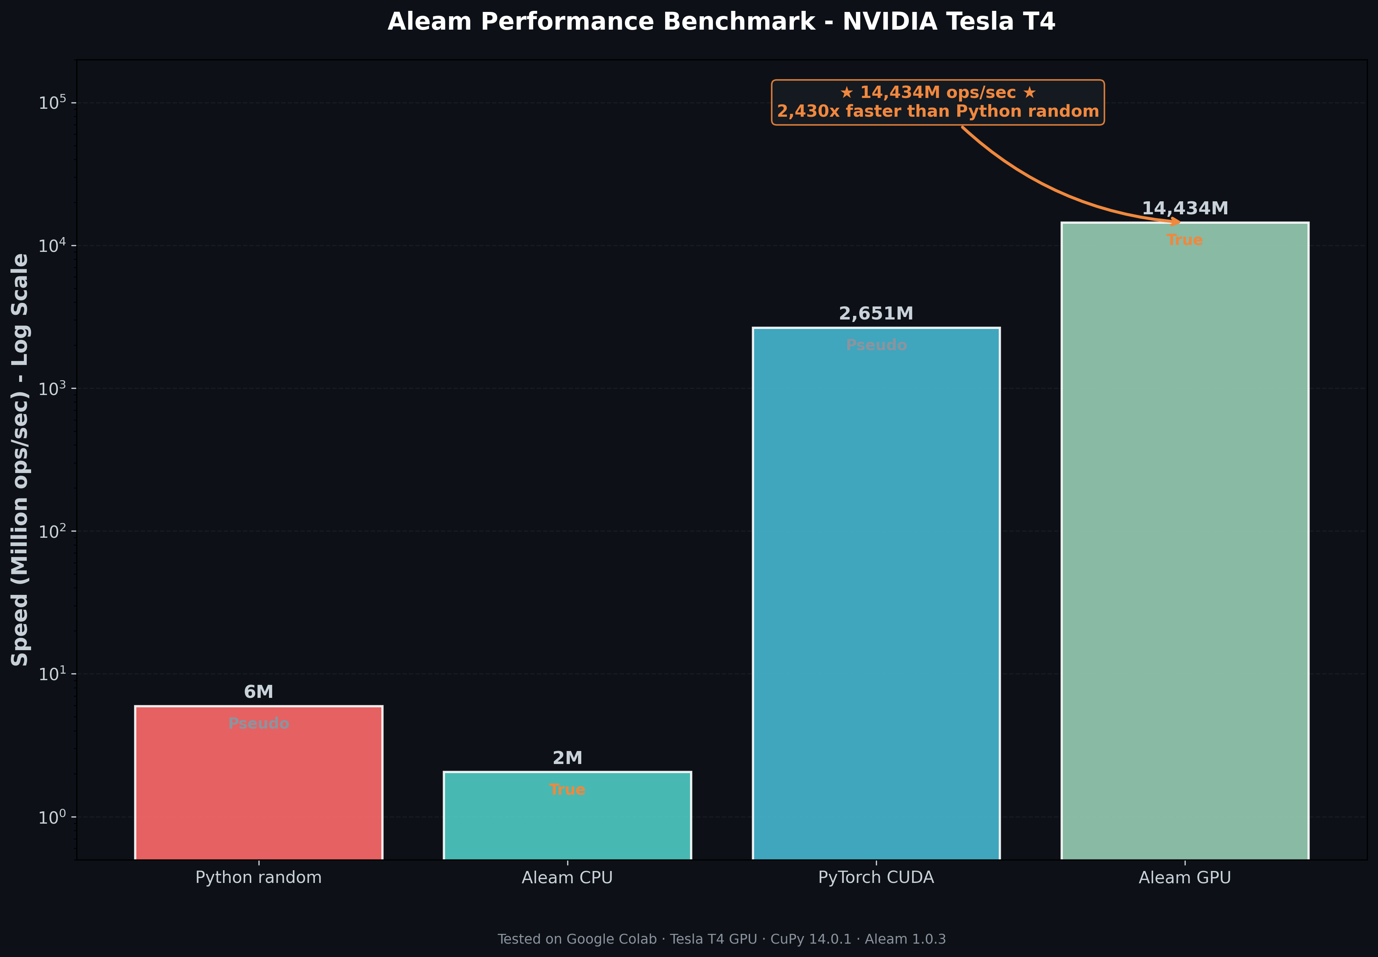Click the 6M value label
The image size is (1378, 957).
click(x=258, y=692)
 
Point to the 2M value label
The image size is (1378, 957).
click(x=567, y=758)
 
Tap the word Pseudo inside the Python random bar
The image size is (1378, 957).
click(x=258, y=724)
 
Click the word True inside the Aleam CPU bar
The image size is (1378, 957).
click(x=567, y=790)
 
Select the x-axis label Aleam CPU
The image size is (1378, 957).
click(x=567, y=878)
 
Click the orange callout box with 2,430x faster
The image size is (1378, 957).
click(x=937, y=103)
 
